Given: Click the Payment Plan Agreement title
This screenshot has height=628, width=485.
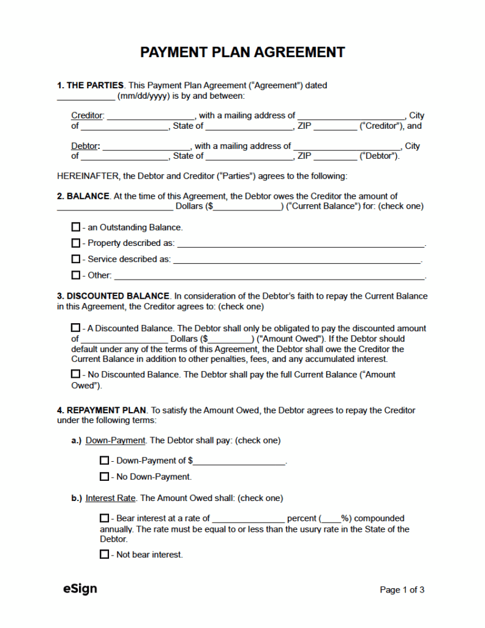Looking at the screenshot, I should pos(242,52).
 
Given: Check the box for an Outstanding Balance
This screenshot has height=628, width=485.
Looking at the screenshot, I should pos(76,227).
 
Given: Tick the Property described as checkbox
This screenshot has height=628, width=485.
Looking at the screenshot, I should pos(76,243).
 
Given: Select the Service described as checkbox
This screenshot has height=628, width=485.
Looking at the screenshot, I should pos(76,259).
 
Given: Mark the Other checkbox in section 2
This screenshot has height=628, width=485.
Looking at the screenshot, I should pos(76,275).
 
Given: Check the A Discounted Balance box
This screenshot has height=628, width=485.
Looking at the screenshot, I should pos(76,328).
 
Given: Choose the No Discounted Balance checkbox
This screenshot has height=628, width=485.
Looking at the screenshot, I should pos(76,374).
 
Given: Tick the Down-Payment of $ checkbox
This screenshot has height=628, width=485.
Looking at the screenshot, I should pos(104,460).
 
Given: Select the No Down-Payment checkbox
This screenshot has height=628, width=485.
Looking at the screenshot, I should pos(104,477).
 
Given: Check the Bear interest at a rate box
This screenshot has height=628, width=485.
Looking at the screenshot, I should pos(104,518).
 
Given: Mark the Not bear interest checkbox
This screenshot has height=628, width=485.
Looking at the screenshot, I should pos(104,554).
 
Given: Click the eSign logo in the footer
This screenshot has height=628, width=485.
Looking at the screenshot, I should pos(80,589).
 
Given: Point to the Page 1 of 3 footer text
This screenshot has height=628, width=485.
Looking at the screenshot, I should pos(402,590).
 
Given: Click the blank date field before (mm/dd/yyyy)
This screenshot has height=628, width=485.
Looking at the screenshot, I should pos(85,96).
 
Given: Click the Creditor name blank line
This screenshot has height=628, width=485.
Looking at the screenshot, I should pos(150,115).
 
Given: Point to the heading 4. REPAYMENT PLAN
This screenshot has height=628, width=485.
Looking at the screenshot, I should pos(102,410).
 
